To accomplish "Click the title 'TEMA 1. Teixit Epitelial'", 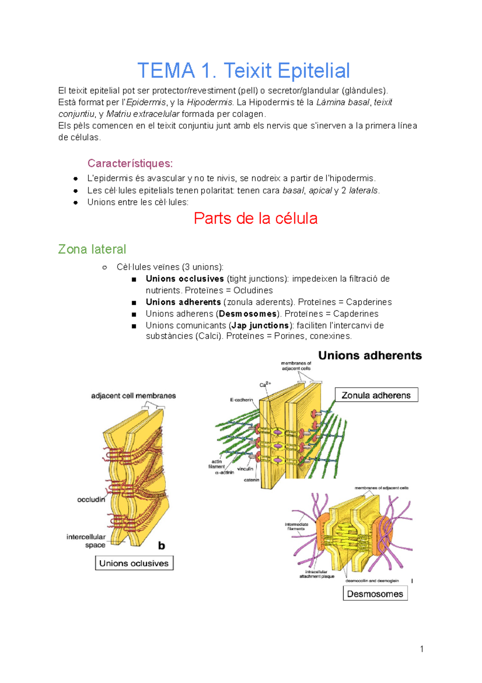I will tap(243, 71).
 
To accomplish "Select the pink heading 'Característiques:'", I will tap(130, 163).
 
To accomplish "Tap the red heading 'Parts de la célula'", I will tap(255, 218).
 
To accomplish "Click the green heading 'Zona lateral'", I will tap(92, 249).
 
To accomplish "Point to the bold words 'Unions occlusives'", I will tap(185, 279).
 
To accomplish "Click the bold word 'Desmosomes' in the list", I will tap(248, 314).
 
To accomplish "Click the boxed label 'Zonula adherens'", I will tap(376, 395).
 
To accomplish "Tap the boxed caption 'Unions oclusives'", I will tap(134, 563).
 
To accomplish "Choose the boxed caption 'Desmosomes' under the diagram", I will tap(375, 594).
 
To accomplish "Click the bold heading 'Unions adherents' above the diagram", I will tap(370, 356).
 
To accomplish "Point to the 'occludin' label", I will tap(91, 500).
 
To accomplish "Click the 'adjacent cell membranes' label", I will tap(133, 396).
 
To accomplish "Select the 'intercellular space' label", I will tap(86, 541).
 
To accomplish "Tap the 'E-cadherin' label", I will tap(241, 400).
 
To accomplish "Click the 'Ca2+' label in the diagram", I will tap(265, 385).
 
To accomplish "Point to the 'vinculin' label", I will tap(245, 469).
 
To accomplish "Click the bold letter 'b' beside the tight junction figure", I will tap(161, 546).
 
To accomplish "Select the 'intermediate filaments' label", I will tap(296, 527).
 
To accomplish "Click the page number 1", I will tap(422, 649).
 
